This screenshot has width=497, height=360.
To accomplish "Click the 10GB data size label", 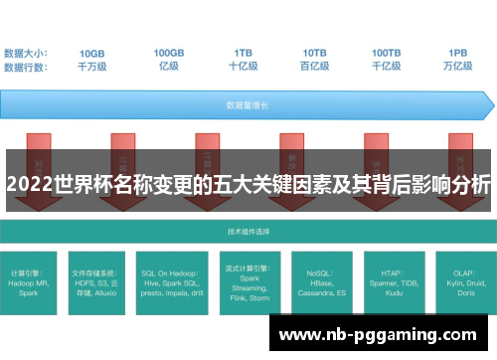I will pos(92,53).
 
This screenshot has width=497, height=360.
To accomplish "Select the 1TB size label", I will pos(243,53).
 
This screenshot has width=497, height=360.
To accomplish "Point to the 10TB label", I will pos(315,53).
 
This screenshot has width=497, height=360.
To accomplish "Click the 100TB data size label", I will pos(388,53).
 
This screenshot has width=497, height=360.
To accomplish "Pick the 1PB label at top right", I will pos(458,53).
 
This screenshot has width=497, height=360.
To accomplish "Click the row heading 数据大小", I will pos(27,53).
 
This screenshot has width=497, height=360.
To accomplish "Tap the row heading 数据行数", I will pos(27,67).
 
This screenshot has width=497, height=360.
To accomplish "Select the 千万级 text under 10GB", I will pos(92,67).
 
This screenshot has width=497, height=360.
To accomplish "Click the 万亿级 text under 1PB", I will pos(458,67).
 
